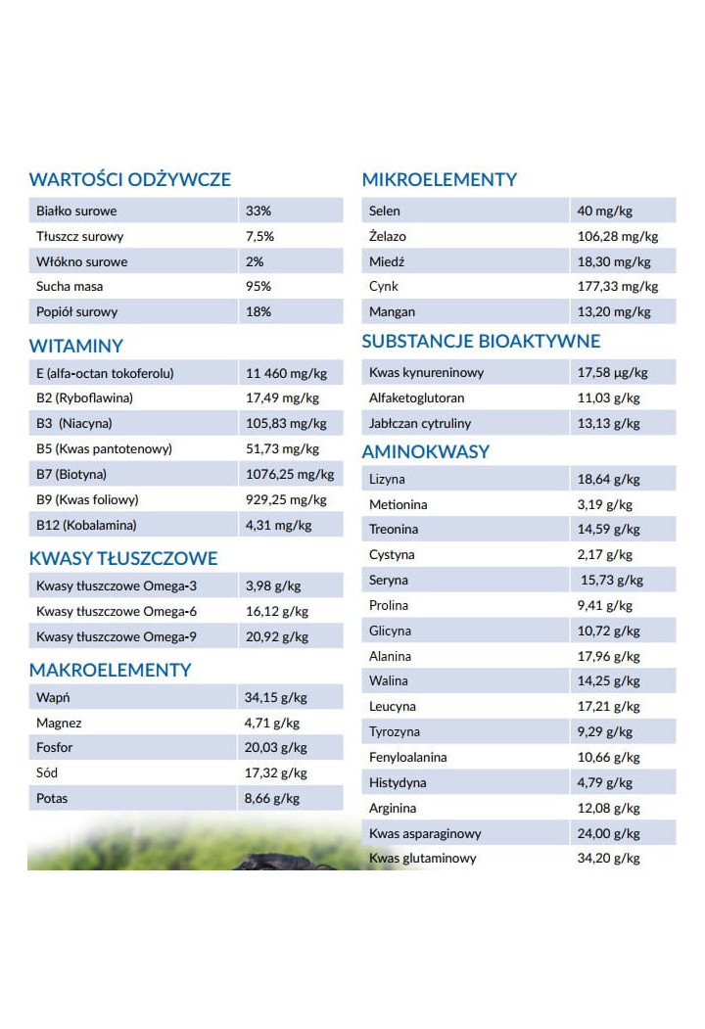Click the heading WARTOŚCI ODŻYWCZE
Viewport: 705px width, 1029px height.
click(x=130, y=179)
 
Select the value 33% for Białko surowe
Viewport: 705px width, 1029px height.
click(x=258, y=210)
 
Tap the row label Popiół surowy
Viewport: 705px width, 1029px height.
click(x=77, y=311)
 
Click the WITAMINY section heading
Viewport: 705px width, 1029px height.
click(x=76, y=346)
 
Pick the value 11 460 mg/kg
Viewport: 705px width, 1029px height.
click(x=286, y=373)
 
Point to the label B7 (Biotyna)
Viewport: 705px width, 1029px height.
click(x=71, y=474)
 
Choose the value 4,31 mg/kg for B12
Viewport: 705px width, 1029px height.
click(x=279, y=525)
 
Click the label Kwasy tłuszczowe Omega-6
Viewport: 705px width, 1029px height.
click(x=117, y=611)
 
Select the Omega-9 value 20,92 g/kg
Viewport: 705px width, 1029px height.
click(x=277, y=636)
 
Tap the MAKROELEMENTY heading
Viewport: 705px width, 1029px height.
click(x=111, y=671)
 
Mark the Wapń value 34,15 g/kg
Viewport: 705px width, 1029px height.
click(x=275, y=698)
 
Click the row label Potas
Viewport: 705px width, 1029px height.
click(x=52, y=798)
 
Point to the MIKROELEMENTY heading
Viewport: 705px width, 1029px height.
click(x=440, y=179)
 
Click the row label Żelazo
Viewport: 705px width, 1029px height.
click(x=388, y=236)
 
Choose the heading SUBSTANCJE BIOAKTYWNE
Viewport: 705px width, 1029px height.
click(x=481, y=342)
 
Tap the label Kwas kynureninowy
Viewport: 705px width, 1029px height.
click(x=426, y=372)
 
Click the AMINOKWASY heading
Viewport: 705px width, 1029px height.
click(x=426, y=452)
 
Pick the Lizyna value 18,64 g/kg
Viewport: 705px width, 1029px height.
click(x=608, y=479)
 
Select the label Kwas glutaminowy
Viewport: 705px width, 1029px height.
click(x=423, y=858)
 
